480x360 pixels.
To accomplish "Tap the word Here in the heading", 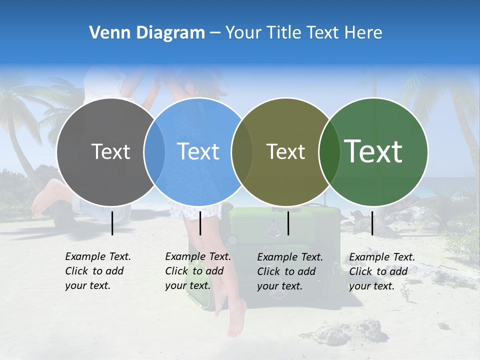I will coord(363,33).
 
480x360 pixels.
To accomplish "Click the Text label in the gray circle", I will coord(110,151).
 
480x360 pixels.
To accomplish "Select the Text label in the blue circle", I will coord(198,151).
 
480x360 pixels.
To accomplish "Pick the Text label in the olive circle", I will coord(285,151).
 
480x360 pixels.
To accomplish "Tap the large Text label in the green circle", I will coord(373,151).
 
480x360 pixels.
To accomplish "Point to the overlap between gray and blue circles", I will coord(154,152).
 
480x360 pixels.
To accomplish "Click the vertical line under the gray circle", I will coord(112,223).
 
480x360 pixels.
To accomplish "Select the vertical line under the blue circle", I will coord(200,223).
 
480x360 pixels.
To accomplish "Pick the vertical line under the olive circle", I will coord(288,223).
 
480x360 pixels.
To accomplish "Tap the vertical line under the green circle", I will coord(372,223).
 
